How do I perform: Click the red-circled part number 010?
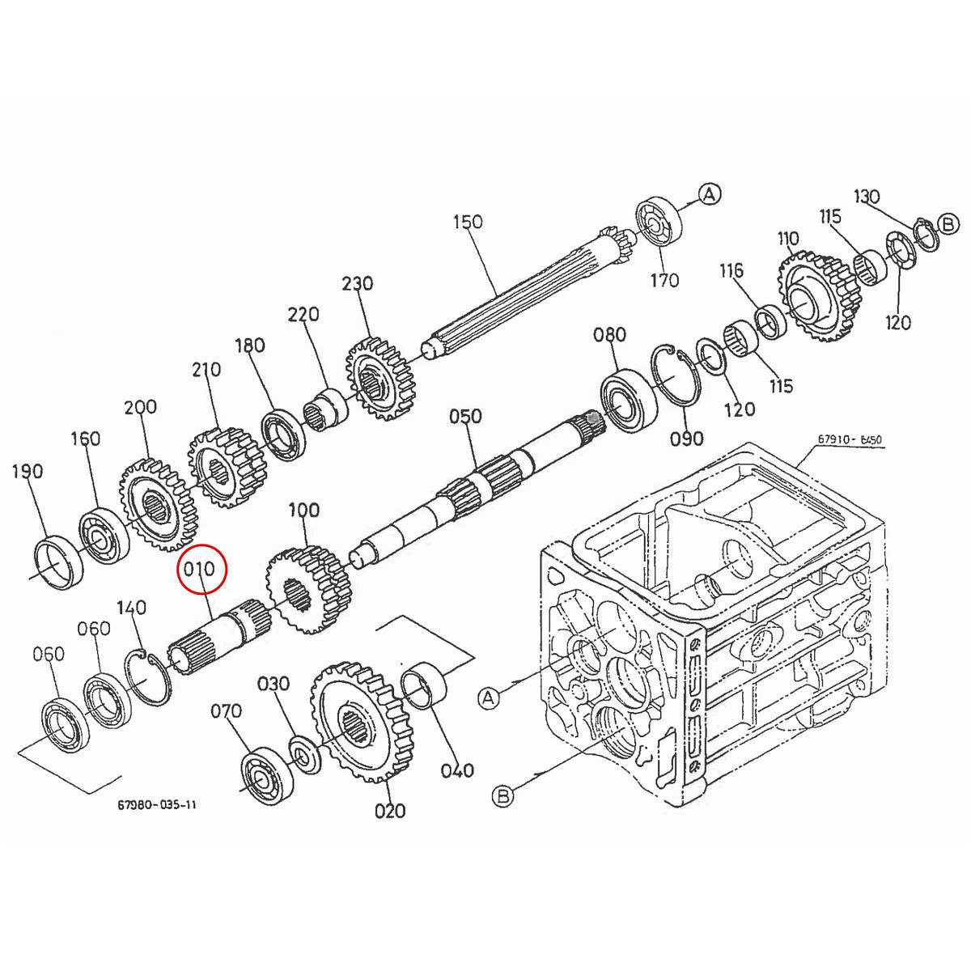tap(199, 569)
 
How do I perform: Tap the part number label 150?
tap(468, 221)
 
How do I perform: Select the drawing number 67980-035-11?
tap(157, 805)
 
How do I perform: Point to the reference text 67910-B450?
tap(849, 440)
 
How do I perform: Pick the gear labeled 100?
tap(307, 589)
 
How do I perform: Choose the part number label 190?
tap(28, 471)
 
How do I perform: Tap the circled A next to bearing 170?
tap(710, 194)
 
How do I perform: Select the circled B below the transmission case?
tap(503, 796)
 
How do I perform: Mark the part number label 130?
tap(867, 196)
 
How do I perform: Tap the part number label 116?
tap(731, 270)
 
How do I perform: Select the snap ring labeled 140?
tap(149, 676)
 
